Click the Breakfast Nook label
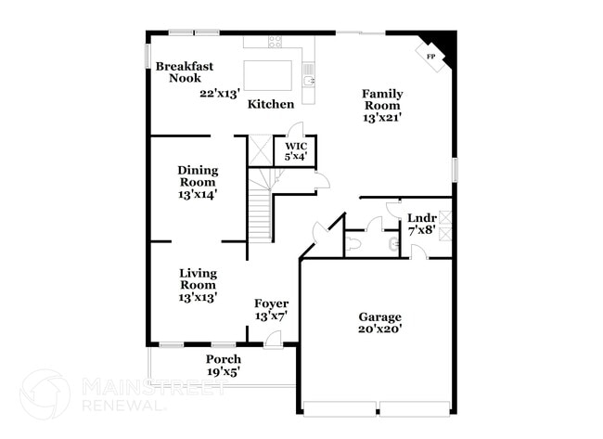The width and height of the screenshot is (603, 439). [x=185, y=71]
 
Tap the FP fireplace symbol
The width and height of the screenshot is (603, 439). [x=430, y=57]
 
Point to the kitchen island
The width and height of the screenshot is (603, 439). [x=268, y=73]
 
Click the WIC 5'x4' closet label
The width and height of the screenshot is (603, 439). [x=295, y=151]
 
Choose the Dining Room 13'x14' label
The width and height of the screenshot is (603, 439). [x=198, y=182]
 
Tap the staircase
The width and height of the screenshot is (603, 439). [x=260, y=208]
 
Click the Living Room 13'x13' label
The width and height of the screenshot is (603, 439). [x=198, y=285]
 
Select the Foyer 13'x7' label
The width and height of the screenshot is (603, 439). [x=271, y=310]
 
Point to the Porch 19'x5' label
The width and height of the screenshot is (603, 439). [x=224, y=365]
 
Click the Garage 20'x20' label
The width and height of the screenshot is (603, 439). [x=380, y=322]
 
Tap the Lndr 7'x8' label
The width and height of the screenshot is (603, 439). [x=421, y=224]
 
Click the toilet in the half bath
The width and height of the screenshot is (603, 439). [x=393, y=244]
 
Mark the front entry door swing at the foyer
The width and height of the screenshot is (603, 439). [x=274, y=340]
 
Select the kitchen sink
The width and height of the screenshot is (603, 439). [x=309, y=81]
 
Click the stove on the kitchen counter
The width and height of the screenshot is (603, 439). [x=276, y=42]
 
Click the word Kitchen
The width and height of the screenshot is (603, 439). [x=271, y=104]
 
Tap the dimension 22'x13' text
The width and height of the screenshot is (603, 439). [x=220, y=93]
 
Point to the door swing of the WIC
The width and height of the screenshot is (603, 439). [x=295, y=130]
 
